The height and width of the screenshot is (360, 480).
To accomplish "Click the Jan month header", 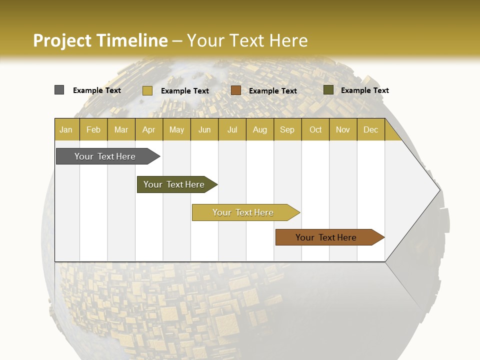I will [x=66, y=129].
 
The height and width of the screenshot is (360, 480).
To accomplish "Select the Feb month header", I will [x=93, y=129].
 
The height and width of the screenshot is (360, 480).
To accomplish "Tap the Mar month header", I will [x=121, y=129].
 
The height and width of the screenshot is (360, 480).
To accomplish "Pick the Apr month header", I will [x=149, y=129].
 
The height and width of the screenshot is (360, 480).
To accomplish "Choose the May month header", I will [x=176, y=129].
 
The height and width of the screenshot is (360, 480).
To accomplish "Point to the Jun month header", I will [x=204, y=129].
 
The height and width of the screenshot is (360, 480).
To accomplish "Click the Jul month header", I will [x=232, y=129].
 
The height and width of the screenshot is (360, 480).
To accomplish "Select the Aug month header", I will [x=260, y=129].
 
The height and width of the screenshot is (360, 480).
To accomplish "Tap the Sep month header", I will [x=287, y=129].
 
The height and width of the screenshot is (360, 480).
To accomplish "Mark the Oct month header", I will [x=315, y=129].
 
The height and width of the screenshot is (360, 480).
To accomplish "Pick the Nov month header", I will [x=343, y=129].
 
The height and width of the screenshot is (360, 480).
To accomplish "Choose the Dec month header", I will [x=371, y=129].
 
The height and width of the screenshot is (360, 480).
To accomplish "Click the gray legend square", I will [x=59, y=90].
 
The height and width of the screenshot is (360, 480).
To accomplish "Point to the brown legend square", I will [x=236, y=90].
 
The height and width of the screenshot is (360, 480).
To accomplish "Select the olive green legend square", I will [x=328, y=90].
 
